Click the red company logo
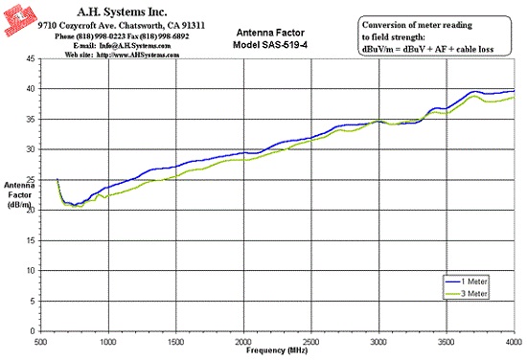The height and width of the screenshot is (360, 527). pyautogui.click(x=20, y=20)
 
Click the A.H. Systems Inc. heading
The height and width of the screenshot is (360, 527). pyautogui.click(x=122, y=12)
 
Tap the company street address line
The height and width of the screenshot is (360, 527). pyautogui.click(x=121, y=26)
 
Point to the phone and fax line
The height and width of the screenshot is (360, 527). pyautogui.click(x=122, y=36)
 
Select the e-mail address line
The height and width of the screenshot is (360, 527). pyautogui.click(x=122, y=46)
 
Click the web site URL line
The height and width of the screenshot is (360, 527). pyautogui.click(x=122, y=55)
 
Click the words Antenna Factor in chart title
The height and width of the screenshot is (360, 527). pyautogui.click(x=270, y=33)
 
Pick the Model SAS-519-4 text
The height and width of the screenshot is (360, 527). pyautogui.click(x=270, y=45)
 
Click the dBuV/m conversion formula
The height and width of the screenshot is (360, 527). pyautogui.click(x=427, y=50)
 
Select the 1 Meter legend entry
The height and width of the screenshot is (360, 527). pyautogui.click(x=467, y=281)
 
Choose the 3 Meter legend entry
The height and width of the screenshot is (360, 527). pyautogui.click(x=467, y=294)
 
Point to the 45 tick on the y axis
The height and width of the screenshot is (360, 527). pyautogui.click(x=31, y=58)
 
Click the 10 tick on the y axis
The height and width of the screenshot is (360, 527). pyautogui.click(x=31, y=271)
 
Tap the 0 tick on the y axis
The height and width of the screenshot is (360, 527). pyautogui.click(x=33, y=331)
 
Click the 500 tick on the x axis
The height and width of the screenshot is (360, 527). pyautogui.click(x=40, y=342)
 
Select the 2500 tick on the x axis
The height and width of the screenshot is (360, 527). pyautogui.click(x=311, y=342)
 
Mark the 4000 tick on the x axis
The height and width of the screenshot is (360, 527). pyautogui.click(x=514, y=342)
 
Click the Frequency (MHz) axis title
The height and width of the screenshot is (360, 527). pyautogui.click(x=277, y=350)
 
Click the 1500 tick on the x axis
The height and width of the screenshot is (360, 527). pyautogui.click(x=175, y=342)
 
